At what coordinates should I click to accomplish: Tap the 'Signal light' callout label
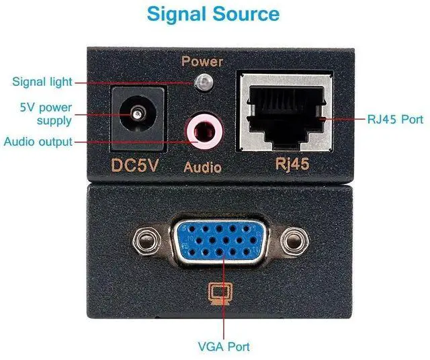[x=42, y=83]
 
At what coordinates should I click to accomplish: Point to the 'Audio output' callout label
[x=38, y=142]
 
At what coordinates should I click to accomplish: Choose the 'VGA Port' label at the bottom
[x=224, y=347]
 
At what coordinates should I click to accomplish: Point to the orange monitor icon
[x=216, y=294]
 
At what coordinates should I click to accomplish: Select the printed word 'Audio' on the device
[x=202, y=167]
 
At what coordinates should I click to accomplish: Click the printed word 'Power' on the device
[x=202, y=62]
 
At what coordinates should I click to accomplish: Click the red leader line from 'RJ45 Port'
[x=343, y=120]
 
